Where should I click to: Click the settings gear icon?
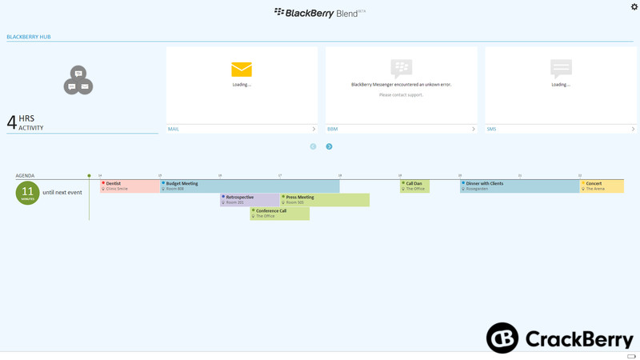(634, 7)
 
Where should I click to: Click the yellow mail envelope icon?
(242, 70)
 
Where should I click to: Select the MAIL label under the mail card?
(174, 129)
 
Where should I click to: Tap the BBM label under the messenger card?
(333, 129)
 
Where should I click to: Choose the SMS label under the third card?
(491, 129)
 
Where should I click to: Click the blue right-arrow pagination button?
(329, 146)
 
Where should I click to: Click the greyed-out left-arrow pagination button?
(313, 146)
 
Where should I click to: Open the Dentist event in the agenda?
(130, 186)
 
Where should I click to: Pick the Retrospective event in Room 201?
(250, 199)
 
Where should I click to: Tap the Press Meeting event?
(325, 199)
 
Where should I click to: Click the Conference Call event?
(279, 214)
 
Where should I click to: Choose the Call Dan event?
(414, 186)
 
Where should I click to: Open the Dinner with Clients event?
(519, 186)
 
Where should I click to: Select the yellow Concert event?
(602, 186)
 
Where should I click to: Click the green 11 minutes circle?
(28, 193)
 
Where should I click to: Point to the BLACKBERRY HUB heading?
(29, 37)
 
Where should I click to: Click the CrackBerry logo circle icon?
(502, 338)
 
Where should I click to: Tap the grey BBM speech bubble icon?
(401, 68)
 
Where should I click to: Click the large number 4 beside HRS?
(11, 122)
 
